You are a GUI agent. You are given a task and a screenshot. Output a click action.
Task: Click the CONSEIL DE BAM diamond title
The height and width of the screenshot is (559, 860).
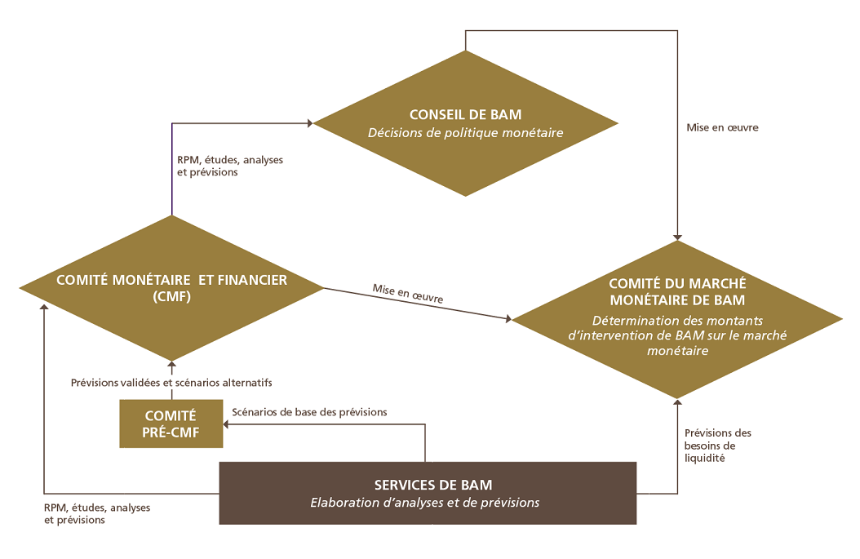click(x=465, y=114)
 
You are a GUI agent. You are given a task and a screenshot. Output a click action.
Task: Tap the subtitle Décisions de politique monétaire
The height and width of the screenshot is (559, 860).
click(x=465, y=133)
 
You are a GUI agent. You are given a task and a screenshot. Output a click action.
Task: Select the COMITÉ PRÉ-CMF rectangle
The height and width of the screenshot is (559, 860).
click(x=171, y=424)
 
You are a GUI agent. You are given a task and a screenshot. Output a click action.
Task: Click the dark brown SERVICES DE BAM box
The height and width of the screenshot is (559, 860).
click(x=428, y=493)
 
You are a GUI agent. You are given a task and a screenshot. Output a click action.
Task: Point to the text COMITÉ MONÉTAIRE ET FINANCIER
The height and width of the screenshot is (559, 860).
click(x=171, y=280)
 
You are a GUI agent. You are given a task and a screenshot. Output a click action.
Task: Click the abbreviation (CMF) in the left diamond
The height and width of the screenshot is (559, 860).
click(x=171, y=297)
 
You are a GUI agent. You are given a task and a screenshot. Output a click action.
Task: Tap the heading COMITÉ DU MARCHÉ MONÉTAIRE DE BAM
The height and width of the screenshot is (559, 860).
click(x=677, y=292)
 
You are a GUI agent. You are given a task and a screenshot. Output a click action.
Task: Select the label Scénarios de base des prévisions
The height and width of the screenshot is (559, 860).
click(x=309, y=412)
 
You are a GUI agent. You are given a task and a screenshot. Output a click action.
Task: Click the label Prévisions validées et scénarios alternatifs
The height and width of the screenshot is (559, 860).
click(x=171, y=383)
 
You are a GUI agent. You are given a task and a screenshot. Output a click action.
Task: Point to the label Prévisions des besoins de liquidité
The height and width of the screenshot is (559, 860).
click(x=717, y=446)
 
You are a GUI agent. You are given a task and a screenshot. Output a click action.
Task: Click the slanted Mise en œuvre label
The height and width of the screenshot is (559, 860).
click(x=407, y=294)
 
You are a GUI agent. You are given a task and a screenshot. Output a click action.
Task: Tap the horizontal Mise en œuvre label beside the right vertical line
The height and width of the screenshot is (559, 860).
click(x=722, y=127)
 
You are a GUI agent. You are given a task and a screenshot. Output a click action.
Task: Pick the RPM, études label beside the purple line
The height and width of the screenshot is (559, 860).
click(x=230, y=166)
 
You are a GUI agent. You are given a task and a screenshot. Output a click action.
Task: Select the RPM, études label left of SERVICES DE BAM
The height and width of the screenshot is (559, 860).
click(x=97, y=513)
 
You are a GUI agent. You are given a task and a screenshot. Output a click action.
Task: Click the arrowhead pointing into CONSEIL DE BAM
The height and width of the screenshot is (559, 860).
click(x=310, y=123)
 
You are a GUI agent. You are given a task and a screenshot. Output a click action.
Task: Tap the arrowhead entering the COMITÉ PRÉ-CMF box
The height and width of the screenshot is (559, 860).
click(x=226, y=424)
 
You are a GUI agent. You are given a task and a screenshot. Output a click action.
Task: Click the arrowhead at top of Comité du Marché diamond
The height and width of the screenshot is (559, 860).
click(x=677, y=237)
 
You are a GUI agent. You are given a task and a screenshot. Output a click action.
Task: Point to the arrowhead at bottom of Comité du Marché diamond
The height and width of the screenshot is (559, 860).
click(x=677, y=402)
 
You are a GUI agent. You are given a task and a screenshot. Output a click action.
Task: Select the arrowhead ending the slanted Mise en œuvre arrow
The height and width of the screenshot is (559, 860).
click(x=508, y=319)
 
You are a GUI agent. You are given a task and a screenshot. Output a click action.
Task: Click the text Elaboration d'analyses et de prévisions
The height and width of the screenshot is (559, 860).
click(x=425, y=503)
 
